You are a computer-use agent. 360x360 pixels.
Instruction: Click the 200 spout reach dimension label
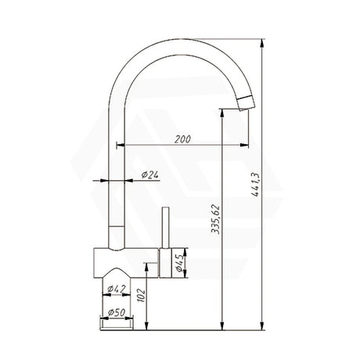click(x=182, y=139)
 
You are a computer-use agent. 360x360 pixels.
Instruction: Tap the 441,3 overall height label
click(x=255, y=185)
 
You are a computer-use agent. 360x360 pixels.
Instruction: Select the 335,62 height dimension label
click(x=216, y=219)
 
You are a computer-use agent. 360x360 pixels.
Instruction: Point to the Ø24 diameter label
click(x=150, y=175)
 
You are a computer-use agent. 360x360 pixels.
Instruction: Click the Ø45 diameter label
click(x=180, y=263)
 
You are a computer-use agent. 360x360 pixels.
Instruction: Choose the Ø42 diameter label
click(x=117, y=289)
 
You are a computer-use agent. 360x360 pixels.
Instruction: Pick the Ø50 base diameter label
click(x=117, y=312)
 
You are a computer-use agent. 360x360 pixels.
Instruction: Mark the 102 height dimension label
click(x=141, y=295)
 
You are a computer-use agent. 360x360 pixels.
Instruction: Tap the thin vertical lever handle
click(x=165, y=228)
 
